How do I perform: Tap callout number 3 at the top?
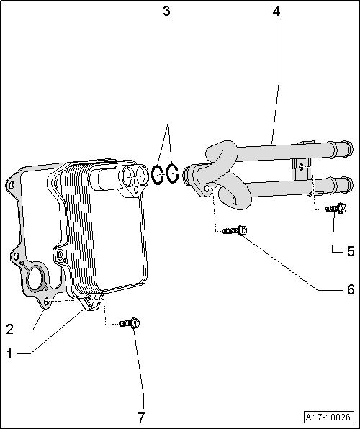(167, 12)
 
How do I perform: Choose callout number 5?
(351, 251)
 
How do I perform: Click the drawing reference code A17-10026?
(328, 417)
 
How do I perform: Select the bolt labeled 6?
(234, 231)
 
